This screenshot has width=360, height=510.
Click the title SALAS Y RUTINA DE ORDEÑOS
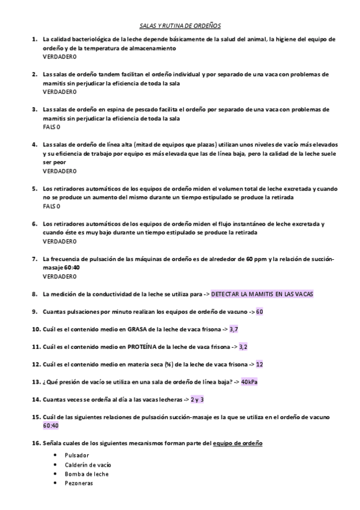pyautogui.click(x=180, y=26)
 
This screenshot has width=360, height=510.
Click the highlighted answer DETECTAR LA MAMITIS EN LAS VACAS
pyautogui.click(x=262, y=294)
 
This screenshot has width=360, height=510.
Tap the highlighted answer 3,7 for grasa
pyautogui.click(x=234, y=329)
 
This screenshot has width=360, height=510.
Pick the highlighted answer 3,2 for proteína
pyautogui.click(x=243, y=346)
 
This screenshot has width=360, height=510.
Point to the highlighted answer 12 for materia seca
pyautogui.click(x=259, y=364)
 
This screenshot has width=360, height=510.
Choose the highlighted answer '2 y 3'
pyautogui.click(x=197, y=399)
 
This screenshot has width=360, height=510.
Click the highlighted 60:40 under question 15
pyautogui.click(x=51, y=425)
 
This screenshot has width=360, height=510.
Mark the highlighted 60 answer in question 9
pyautogui.click(x=260, y=312)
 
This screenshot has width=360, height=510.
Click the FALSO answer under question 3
pyautogui.click(x=52, y=127)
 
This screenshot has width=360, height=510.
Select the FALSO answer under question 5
pyautogui.click(x=52, y=206)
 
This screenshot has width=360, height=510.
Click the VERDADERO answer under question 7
pyautogui.click(x=59, y=276)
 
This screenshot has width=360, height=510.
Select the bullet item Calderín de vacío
pyautogui.click(x=88, y=464)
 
